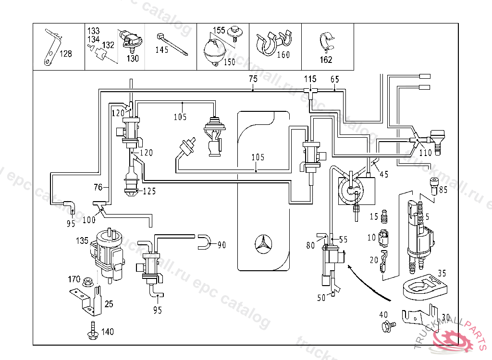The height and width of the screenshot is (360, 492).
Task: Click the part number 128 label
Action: (x=65, y=54)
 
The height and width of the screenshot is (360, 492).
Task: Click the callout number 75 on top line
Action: (x=253, y=79)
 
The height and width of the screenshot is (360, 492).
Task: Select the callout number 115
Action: (x=310, y=79)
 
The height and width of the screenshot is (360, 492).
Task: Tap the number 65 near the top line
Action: (x=335, y=79)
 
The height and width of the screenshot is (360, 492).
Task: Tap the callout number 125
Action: (x=149, y=191)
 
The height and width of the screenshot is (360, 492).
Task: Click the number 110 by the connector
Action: (x=426, y=154)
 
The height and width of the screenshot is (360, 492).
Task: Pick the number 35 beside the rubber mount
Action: (x=442, y=274)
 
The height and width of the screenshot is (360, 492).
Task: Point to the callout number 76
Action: (x=98, y=187)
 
